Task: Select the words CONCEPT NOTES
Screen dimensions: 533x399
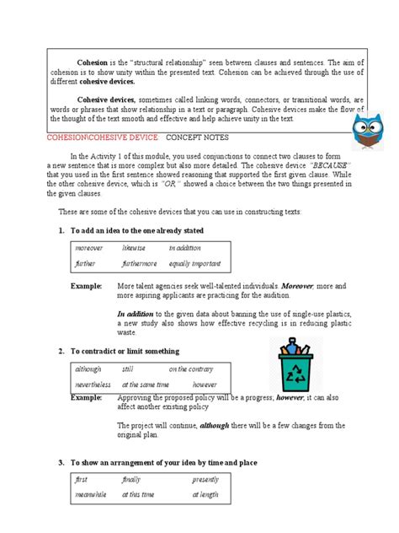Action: [194, 137]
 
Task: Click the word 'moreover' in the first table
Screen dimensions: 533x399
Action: [88, 249]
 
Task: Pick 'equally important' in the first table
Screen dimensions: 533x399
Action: [195, 263]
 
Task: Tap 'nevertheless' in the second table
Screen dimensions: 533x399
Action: [93, 384]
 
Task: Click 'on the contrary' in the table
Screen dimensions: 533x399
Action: [190, 369]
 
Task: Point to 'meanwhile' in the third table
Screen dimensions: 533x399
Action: [91, 494]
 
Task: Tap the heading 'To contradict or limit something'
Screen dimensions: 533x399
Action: [122, 350]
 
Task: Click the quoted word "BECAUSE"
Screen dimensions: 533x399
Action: [327, 164]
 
